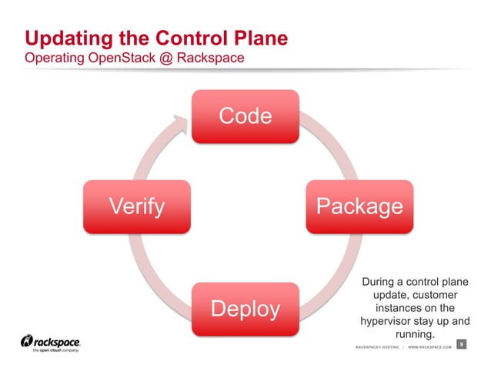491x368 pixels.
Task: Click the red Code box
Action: pyautogui.click(x=245, y=116)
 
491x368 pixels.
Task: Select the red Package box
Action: pyautogui.click(x=359, y=206)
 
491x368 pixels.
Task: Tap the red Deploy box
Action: pyautogui.click(x=245, y=309)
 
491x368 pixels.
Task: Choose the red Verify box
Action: pyautogui.click(x=136, y=206)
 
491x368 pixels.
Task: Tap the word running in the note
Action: pyautogui.click(x=414, y=334)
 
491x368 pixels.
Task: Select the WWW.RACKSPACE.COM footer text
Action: pyautogui.click(x=429, y=348)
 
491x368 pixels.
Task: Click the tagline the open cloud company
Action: pyautogui.click(x=52, y=350)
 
